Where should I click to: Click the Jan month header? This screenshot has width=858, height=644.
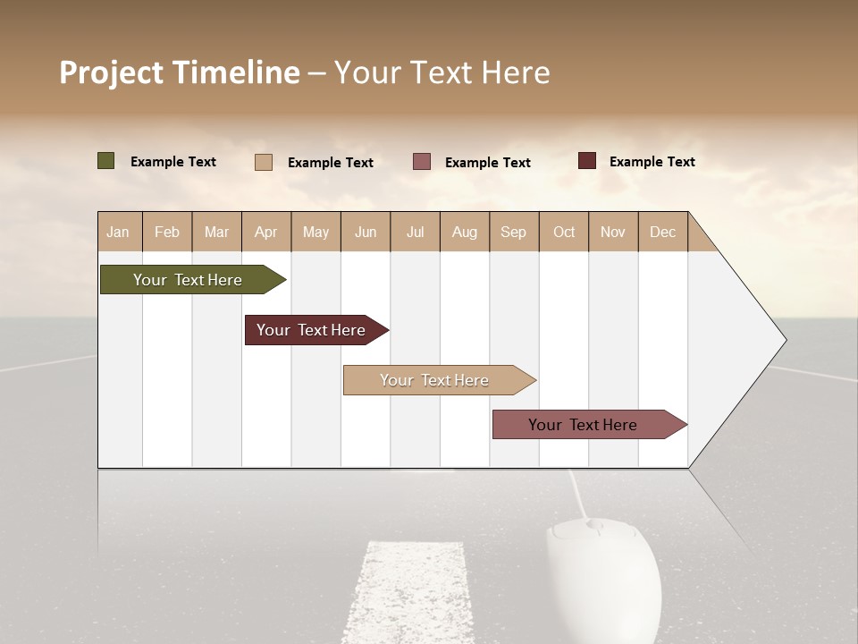pyautogui.click(x=118, y=233)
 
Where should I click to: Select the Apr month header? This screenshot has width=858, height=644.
pyautogui.click(x=265, y=233)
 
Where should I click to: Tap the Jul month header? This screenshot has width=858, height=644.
pyautogui.click(x=415, y=233)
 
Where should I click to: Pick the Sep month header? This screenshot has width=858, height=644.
pyautogui.click(x=513, y=233)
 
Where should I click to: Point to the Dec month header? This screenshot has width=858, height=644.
pyautogui.click(x=662, y=233)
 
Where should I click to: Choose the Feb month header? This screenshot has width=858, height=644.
pyautogui.click(x=167, y=233)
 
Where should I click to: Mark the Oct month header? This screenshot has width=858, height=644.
pyautogui.click(x=564, y=233)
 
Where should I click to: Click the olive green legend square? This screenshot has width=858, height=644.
pyautogui.click(x=105, y=161)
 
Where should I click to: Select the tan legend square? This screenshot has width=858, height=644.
pyautogui.click(x=264, y=162)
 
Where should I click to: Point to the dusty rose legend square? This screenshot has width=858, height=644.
pyautogui.click(x=422, y=162)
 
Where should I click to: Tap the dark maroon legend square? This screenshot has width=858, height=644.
pyautogui.click(x=587, y=161)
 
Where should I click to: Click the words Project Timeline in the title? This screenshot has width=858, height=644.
pyautogui.click(x=180, y=72)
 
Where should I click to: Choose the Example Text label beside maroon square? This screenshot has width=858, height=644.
pyautogui.click(x=652, y=162)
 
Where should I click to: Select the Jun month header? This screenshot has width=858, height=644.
pyautogui.click(x=366, y=233)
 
